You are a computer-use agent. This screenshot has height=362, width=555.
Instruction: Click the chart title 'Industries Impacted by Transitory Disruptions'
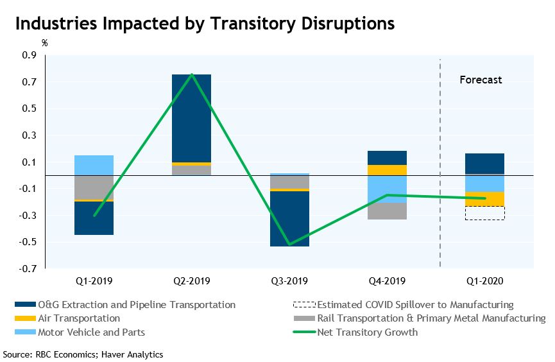(x=204, y=24)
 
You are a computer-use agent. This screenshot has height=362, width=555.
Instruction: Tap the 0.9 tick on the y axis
(x=30, y=55)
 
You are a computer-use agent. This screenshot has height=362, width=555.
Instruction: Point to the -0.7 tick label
(x=29, y=269)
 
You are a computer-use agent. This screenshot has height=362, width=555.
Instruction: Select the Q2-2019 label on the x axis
(x=191, y=281)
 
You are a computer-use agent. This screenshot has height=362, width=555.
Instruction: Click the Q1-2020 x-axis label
(x=485, y=281)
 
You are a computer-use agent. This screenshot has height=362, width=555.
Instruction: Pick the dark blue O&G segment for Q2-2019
(x=191, y=118)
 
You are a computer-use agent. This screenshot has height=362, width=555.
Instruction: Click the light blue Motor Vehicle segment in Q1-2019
(x=94, y=165)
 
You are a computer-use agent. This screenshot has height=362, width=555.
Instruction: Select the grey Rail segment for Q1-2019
(x=94, y=187)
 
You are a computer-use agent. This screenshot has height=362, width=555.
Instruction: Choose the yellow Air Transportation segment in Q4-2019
(x=387, y=170)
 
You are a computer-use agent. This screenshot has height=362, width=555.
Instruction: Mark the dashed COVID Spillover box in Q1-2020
(x=485, y=213)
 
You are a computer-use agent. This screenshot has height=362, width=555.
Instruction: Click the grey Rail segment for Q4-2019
(x=387, y=211)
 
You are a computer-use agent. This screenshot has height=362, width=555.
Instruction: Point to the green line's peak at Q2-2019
(x=191, y=74)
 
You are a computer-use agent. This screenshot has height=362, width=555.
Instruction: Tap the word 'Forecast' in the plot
(x=481, y=80)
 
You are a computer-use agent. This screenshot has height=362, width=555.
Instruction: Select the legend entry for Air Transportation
(x=78, y=318)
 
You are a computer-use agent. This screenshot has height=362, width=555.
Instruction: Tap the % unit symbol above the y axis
(x=45, y=44)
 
